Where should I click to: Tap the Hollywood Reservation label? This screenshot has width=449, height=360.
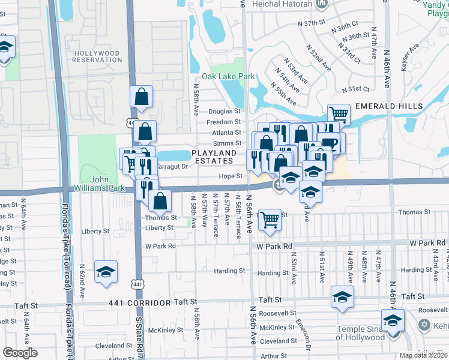[x=97, y=56]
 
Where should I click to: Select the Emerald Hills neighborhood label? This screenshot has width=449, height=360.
[x=389, y=106]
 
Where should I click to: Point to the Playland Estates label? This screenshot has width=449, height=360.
[x=212, y=157]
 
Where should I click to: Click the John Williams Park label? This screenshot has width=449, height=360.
[x=107, y=184]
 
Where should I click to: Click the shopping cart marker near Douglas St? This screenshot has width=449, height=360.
[x=339, y=113]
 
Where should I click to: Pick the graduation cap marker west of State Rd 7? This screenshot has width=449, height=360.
[x=106, y=272]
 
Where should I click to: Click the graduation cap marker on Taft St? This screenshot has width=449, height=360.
[x=342, y=296]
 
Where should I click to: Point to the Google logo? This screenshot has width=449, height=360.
[x=20, y=353]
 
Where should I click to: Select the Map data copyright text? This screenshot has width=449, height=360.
[x=424, y=355]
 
